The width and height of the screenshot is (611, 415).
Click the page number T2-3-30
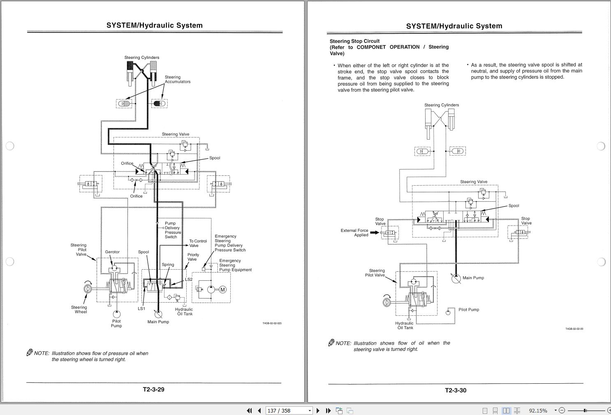456,390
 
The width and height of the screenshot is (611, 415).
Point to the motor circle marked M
222,289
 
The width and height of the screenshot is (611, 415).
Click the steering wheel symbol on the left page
87,290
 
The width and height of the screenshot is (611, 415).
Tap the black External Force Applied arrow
375,233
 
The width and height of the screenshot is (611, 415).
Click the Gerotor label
112,252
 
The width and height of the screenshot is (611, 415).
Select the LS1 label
141,309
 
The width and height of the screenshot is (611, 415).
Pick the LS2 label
189,280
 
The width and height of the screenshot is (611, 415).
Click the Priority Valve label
193,257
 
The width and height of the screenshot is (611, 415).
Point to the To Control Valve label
198,243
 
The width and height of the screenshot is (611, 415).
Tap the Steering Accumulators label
178,79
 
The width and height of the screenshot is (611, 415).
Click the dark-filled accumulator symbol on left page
160,103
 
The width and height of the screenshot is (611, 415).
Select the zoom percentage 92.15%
538,410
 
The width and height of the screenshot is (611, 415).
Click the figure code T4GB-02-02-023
272,324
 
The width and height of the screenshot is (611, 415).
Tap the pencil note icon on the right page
331,343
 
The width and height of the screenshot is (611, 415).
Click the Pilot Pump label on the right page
469,310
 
